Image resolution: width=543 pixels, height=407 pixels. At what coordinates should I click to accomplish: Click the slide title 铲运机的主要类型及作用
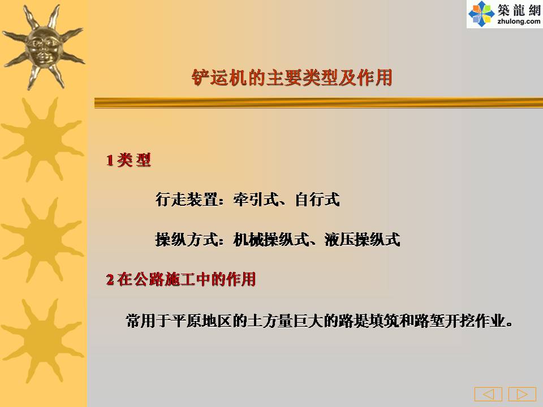[x=292, y=77]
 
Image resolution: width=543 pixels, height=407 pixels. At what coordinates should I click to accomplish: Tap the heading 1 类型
[x=128, y=160]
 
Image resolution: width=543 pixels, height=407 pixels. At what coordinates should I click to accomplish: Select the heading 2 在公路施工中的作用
[x=181, y=279]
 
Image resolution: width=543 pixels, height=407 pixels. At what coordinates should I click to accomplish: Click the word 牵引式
[x=256, y=200]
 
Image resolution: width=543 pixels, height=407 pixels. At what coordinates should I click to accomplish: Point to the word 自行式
[x=317, y=200]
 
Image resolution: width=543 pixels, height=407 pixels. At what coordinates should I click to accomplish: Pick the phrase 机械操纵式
[x=271, y=240]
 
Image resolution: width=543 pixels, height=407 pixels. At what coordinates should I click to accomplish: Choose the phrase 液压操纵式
[x=362, y=240]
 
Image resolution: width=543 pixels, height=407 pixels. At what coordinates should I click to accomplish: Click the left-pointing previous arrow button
[x=488, y=394]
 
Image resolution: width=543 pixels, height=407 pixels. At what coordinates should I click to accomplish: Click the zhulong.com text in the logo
[x=519, y=21]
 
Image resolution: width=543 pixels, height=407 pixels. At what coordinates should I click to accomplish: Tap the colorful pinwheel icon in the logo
[x=481, y=14]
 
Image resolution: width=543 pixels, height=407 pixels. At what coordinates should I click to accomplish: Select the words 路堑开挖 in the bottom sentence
[x=445, y=321]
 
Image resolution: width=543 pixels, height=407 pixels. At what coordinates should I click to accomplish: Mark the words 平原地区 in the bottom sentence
[x=201, y=321]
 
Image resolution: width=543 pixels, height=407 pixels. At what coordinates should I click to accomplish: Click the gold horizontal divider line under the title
[x=318, y=103]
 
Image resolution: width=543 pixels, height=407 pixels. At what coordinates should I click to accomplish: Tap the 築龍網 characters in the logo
[x=519, y=10]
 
